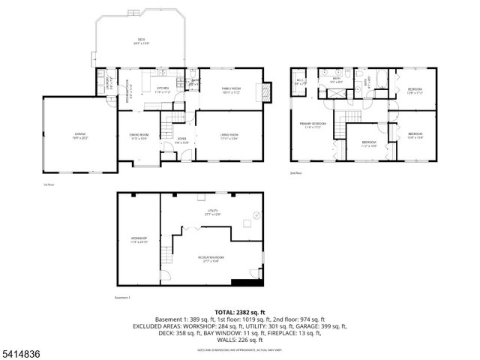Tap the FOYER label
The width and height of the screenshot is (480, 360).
tap(181, 139)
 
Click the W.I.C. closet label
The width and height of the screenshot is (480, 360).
tap(300, 82)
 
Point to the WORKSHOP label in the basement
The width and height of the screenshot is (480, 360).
tap(139, 240)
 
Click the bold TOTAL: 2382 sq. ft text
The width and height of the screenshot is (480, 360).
tap(240, 312)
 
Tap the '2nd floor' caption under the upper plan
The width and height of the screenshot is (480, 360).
tap(295, 173)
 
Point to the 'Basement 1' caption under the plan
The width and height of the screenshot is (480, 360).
tap(123, 297)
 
